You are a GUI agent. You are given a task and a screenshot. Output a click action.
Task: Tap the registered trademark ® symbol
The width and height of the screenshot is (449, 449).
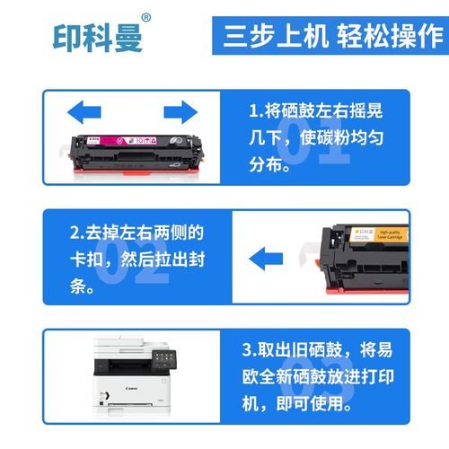tap(147, 18)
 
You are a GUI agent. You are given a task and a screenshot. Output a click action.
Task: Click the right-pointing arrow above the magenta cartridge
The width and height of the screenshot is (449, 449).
tap(180, 111)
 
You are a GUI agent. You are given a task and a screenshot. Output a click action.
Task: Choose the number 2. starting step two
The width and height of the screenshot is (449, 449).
tap(77, 233)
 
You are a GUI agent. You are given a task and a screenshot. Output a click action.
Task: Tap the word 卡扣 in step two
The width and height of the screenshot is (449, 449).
tap(88, 260)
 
